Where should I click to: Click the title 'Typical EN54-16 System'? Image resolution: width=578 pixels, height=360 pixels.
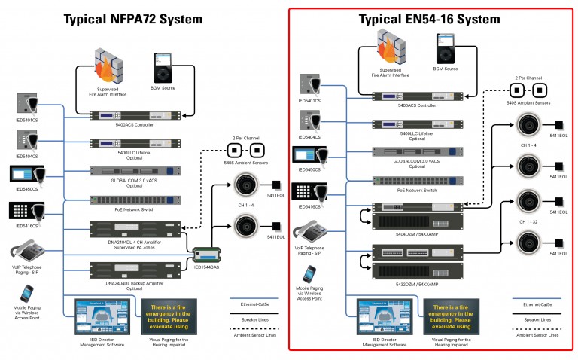point(430,18)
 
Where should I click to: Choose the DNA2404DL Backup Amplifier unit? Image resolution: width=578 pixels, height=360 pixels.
point(135,269)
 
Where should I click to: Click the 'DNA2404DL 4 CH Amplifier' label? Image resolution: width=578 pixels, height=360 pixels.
point(135,244)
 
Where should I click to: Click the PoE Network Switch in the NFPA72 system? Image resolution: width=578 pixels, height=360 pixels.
point(135,200)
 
